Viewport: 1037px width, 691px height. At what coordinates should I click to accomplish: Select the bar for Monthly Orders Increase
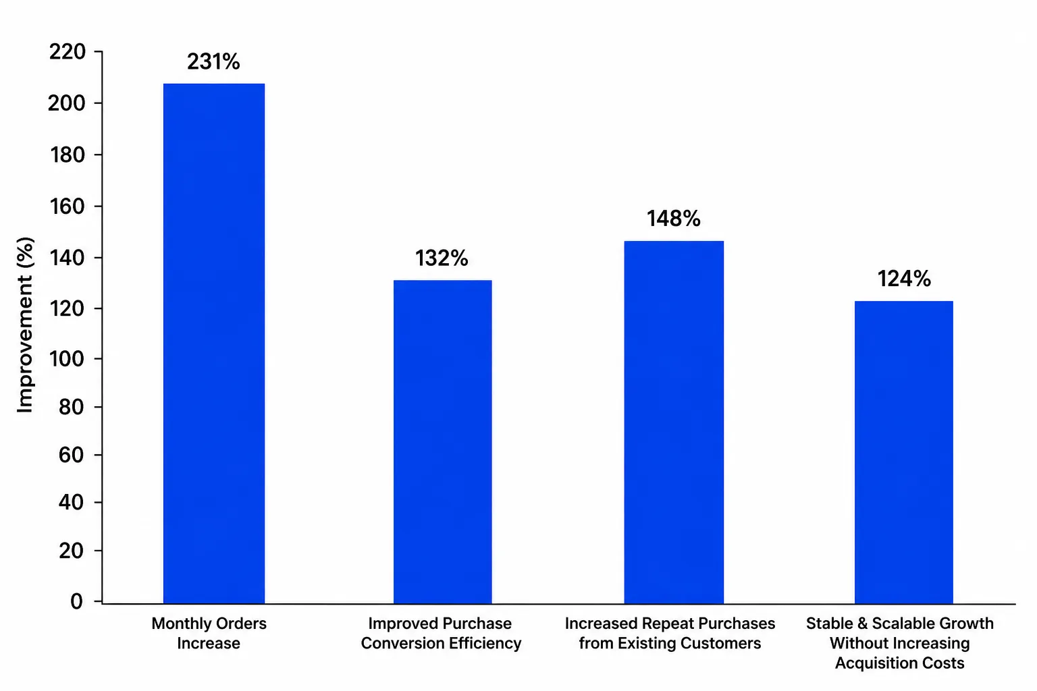(x=214, y=343)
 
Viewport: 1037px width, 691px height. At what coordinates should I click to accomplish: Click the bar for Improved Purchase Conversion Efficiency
(x=443, y=441)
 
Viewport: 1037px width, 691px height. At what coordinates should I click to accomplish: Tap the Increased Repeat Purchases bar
(x=674, y=422)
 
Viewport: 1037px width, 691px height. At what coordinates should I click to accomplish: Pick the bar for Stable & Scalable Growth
(x=904, y=452)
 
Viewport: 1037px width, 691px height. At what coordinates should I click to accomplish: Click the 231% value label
(x=213, y=61)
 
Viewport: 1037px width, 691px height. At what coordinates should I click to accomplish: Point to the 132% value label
(x=442, y=258)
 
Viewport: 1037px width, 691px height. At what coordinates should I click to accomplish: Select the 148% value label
(x=674, y=219)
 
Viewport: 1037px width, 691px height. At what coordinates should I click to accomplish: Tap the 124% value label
(x=904, y=279)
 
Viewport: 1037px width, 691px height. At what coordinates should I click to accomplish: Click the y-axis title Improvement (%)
(x=25, y=325)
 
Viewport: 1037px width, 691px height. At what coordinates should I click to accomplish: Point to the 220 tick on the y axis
(x=67, y=51)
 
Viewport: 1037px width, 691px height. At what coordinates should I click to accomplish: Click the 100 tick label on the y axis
(x=67, y=359)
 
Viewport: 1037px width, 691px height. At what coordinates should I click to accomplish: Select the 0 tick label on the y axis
(x=77, y=601)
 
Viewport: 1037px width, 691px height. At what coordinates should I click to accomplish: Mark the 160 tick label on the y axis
(x=67, y=206)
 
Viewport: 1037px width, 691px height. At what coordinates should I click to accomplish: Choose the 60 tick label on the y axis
(x=72, y=455)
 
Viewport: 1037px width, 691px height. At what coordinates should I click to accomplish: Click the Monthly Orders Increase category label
(x=209, y=633)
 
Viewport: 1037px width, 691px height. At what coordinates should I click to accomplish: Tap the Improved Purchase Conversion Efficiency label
(x=441, y=633)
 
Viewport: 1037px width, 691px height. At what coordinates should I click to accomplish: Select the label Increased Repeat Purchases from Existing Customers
(x=670, y=633)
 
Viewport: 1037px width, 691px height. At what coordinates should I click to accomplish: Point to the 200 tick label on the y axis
(x=67, y=103)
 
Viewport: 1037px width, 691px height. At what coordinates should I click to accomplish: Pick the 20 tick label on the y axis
(x=72, y=551)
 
